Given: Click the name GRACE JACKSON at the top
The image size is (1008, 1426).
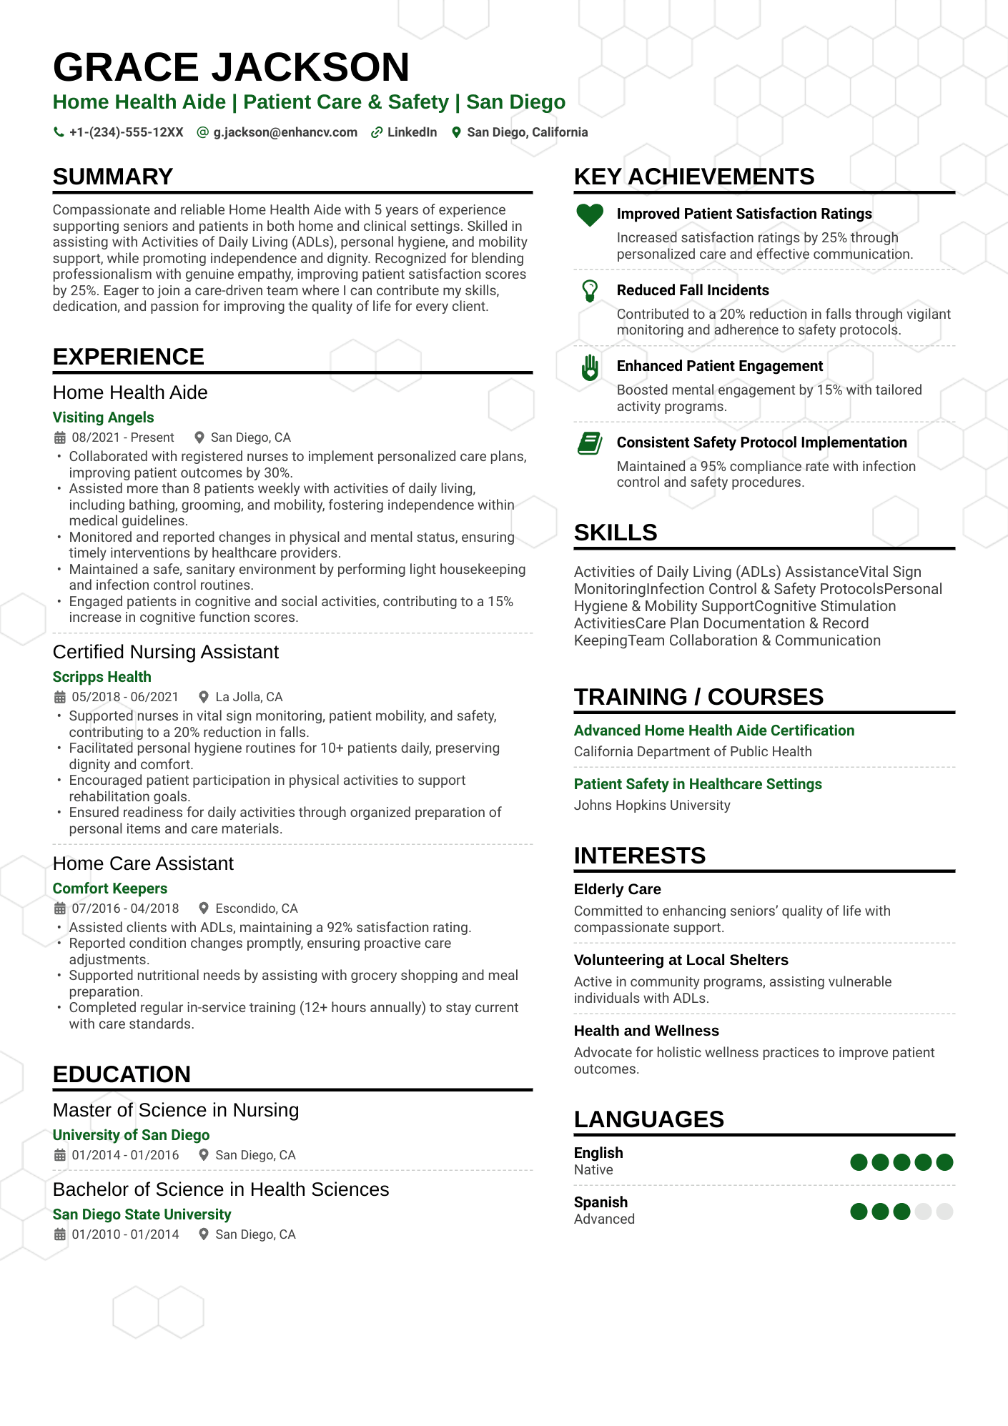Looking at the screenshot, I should (x=231, y=67).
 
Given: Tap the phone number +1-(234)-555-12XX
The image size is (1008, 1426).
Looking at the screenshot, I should (x=126, y=132).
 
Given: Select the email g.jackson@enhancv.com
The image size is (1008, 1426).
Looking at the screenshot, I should (x=285, y=132).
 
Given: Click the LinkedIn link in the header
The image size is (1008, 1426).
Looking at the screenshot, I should (x=411, y=132).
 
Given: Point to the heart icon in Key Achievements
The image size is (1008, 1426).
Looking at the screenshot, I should (x=590, y=214).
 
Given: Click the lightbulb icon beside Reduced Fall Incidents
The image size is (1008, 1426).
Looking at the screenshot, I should (x=590, y=291).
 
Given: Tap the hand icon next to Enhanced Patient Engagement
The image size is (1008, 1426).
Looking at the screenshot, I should (x=590, y=367).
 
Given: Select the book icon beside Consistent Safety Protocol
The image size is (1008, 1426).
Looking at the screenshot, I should (x=590, y=443).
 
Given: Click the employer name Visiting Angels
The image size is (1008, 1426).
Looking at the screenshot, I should (x=104, y=417).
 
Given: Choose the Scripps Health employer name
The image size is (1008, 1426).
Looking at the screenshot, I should (x=102, y=677).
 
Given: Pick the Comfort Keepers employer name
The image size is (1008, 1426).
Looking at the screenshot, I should (x=110, y=888).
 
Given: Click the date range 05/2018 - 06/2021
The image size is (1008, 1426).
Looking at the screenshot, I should (x=125, y=697).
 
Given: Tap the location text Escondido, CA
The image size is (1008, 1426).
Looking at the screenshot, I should (x=257, y=908).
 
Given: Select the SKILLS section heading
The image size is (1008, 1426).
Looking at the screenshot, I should (x=616, y=533).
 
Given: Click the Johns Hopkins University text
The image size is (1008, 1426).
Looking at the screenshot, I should (x=652, y=806).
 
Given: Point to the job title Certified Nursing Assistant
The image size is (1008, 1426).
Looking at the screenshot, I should (x=166, y=652).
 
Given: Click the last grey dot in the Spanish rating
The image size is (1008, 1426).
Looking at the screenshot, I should (x=944, y=1212).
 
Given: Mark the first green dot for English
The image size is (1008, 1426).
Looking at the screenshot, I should (x=859, y=1162).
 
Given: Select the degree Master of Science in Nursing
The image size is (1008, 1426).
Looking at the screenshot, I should (x=176, y=1110).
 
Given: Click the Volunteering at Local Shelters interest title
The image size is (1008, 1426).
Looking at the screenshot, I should (x=681, y=960).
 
